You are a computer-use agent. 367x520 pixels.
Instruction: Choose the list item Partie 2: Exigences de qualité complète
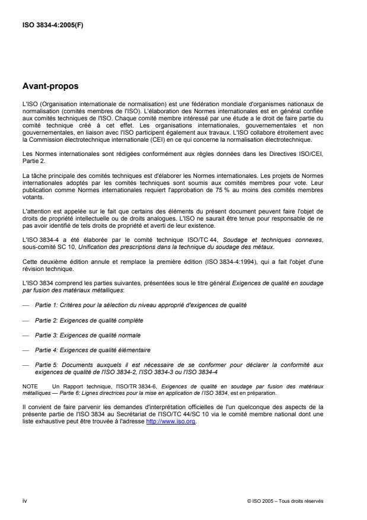tap(88, 320)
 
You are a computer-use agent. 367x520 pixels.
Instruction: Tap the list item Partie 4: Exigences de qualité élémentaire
tap(92, 350)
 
